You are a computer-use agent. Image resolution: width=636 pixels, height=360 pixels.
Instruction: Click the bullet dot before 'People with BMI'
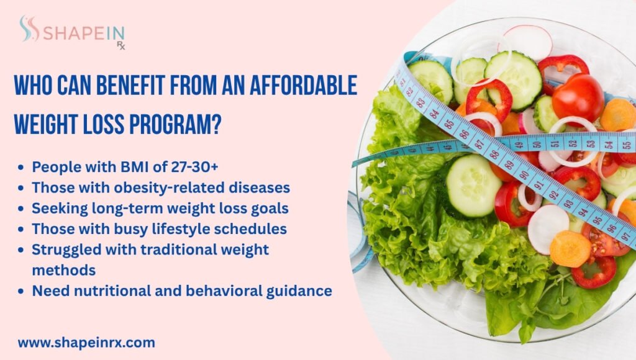tap(22, 167)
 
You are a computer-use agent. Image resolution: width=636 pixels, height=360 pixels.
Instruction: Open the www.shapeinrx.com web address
tap(86, 342)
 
